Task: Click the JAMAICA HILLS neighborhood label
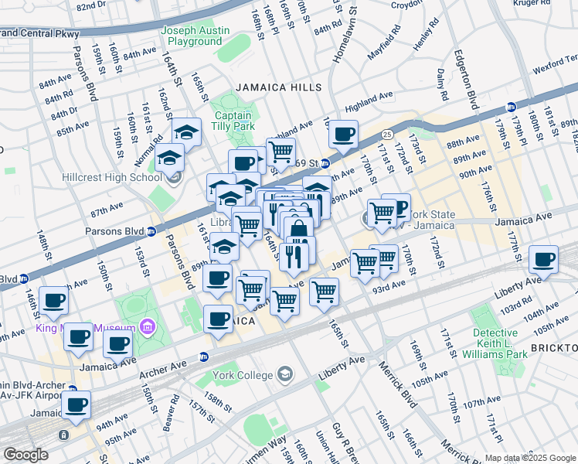pos(279,88)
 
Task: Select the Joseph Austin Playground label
pos(195,36)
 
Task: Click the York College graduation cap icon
pos(287,375)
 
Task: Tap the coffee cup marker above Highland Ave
pos(343,134)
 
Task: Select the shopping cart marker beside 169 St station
pos(281,152)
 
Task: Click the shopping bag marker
pos(298,230)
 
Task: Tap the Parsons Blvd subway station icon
pos(151,231)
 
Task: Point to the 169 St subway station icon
pos(326,163)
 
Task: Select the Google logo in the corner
pos(25,455)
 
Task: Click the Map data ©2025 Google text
pos(530,458)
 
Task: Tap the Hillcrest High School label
pos(114,176)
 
